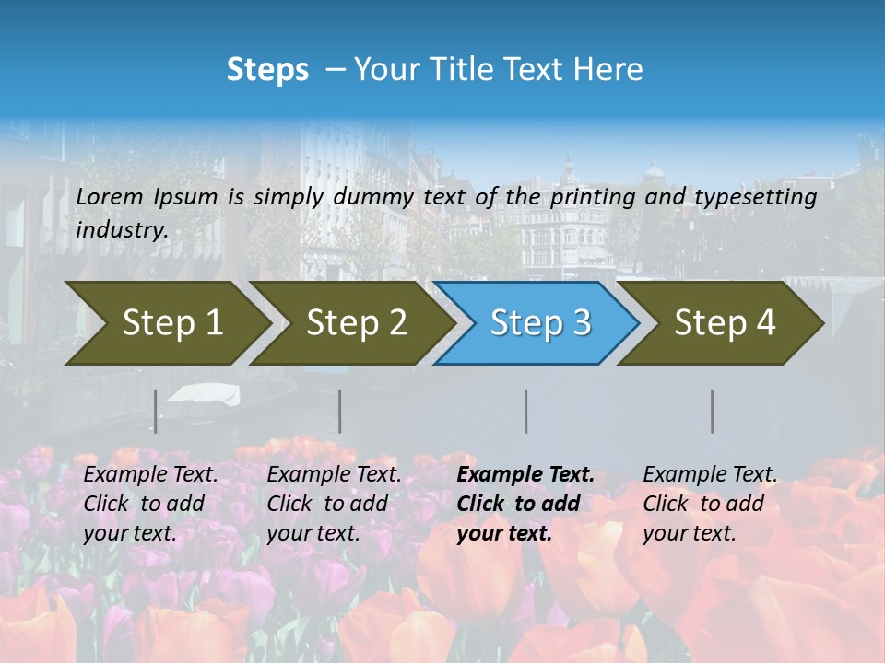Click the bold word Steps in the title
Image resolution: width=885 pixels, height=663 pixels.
pos(267,70)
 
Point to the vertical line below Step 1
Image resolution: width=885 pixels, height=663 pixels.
pos(156,411)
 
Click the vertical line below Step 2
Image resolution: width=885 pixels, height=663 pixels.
pos(340,411)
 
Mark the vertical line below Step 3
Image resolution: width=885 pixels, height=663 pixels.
pos(526,411)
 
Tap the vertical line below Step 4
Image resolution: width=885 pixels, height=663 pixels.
pos(713,411)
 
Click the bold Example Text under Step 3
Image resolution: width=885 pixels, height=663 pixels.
pos(525,475)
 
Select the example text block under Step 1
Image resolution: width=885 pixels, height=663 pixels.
pos(150,504)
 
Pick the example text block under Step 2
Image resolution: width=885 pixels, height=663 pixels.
pos(334,504)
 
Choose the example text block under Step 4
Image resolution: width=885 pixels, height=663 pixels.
pos(710,504)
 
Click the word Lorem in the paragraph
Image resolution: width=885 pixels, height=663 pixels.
pos(110,197)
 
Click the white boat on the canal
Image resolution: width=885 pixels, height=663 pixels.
pos(206,394)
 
